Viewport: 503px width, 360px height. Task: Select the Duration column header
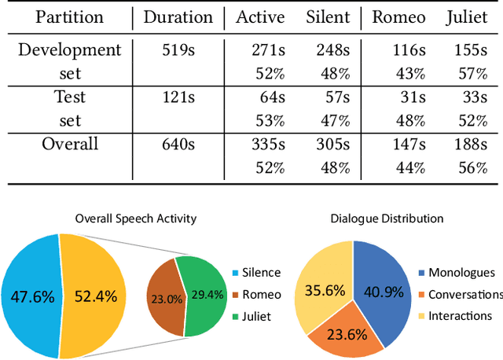tap(178, 17)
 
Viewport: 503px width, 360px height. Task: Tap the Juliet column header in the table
tap(471, 17)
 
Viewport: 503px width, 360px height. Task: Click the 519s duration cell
tap(178, 50)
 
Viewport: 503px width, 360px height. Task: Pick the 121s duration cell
tap(178, 97)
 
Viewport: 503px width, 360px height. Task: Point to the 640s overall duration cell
tap(178, 144)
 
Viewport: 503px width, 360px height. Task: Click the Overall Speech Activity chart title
tap(135, 218)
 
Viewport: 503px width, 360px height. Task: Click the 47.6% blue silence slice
tap(31, 297)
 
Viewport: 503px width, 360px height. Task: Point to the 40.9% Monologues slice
tap(383, 292)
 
